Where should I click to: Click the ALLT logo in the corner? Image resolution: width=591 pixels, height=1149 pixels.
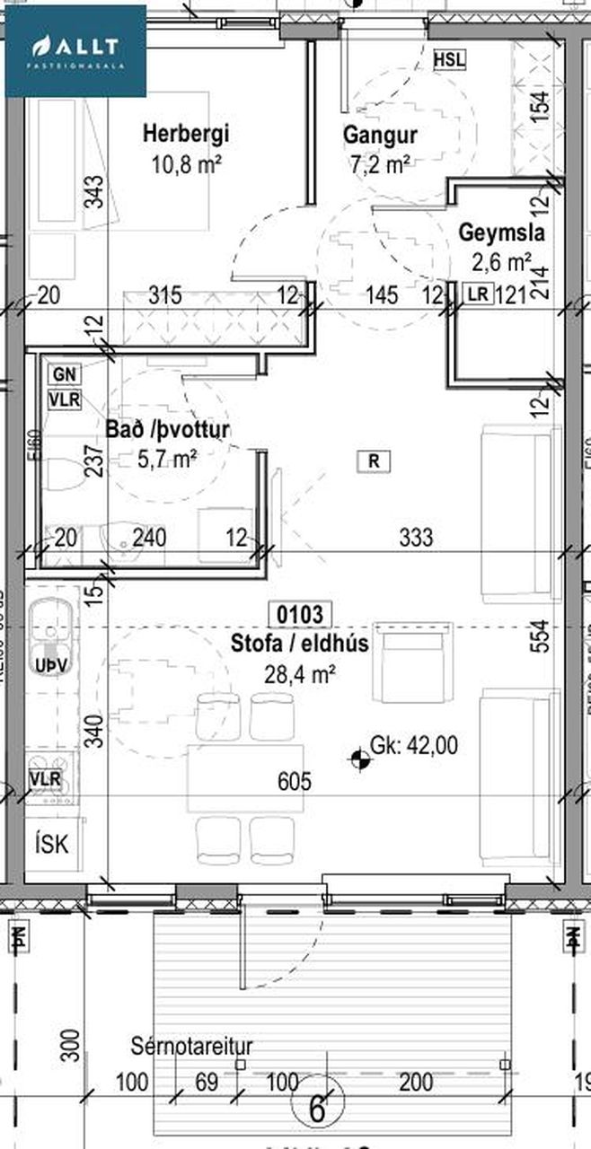pyautogui.click(x=75, y=50)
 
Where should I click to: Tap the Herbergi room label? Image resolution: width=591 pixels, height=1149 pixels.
pyautogui.click(x=186, y=135)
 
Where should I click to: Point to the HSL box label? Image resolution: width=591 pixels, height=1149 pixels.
pyautogui.click(x=449, y=59)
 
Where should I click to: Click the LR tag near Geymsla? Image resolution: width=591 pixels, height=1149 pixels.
pyautogui.click(x=476, y=294)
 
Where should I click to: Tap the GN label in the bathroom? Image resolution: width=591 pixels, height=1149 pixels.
pyautogui.click(x=64, y=373)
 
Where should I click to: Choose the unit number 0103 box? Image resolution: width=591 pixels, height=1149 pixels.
pyautogui.click(x=300, y=616)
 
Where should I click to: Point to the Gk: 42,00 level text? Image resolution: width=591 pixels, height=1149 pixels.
pyautogui.click(x=414, y=744)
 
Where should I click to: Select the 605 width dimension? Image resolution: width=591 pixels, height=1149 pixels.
pyautogui.click(x=295, y=782)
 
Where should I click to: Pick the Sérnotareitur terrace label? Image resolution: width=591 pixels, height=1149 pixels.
pyautogui.click(x=191, y=1047)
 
